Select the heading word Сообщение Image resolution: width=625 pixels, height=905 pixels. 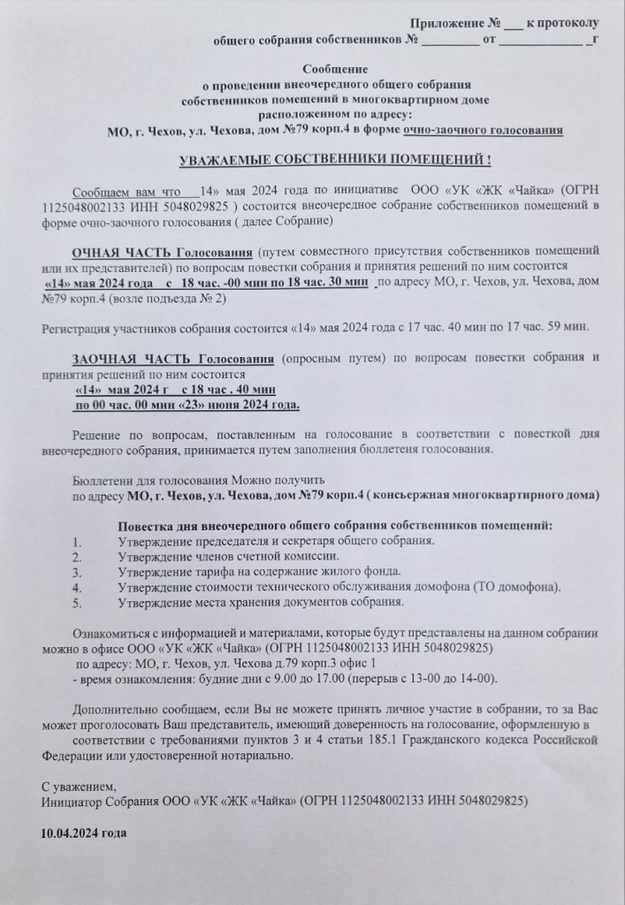[x=335, y=68]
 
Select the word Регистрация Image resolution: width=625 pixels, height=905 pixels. [x=80, y=328]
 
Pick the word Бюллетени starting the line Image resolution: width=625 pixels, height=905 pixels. [x=100, y=480]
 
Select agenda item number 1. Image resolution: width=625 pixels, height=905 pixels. [x=77, y=541]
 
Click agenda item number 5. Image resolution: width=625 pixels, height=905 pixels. [x=77, y=602]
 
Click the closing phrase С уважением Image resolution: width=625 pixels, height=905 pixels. [x=80, y=787]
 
